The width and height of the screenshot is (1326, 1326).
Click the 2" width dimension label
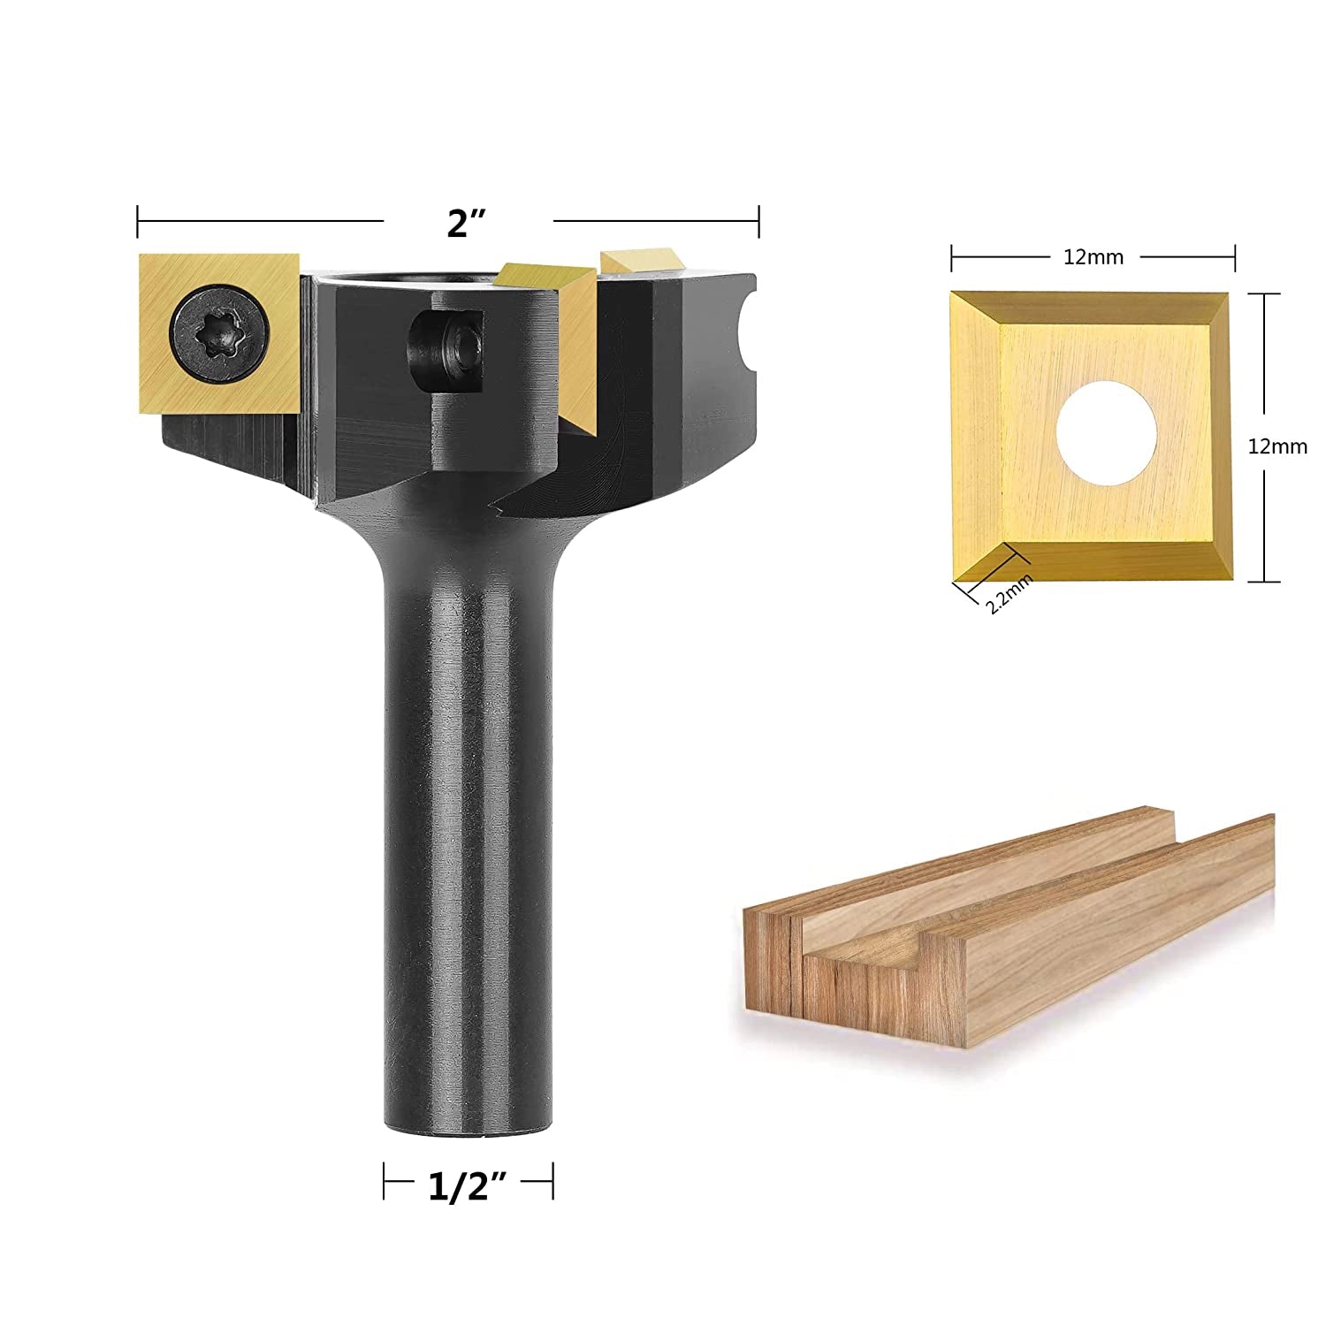point(468,223)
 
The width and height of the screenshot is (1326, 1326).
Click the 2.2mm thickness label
point(1008,593)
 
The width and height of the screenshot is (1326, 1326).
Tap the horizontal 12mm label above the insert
point(1093,257)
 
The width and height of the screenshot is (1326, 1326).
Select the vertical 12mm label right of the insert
point(1276,447)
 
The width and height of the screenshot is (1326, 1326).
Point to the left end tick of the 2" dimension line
point(138,222)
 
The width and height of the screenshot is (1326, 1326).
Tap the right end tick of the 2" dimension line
point(758,222)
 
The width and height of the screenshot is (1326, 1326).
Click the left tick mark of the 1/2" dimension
point(384,1181)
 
